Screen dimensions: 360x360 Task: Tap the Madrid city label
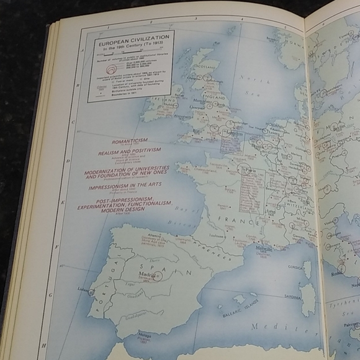coord(147,274)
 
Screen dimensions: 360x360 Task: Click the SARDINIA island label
coord(296,297)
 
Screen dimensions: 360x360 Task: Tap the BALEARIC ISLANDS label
coord(233,316)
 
